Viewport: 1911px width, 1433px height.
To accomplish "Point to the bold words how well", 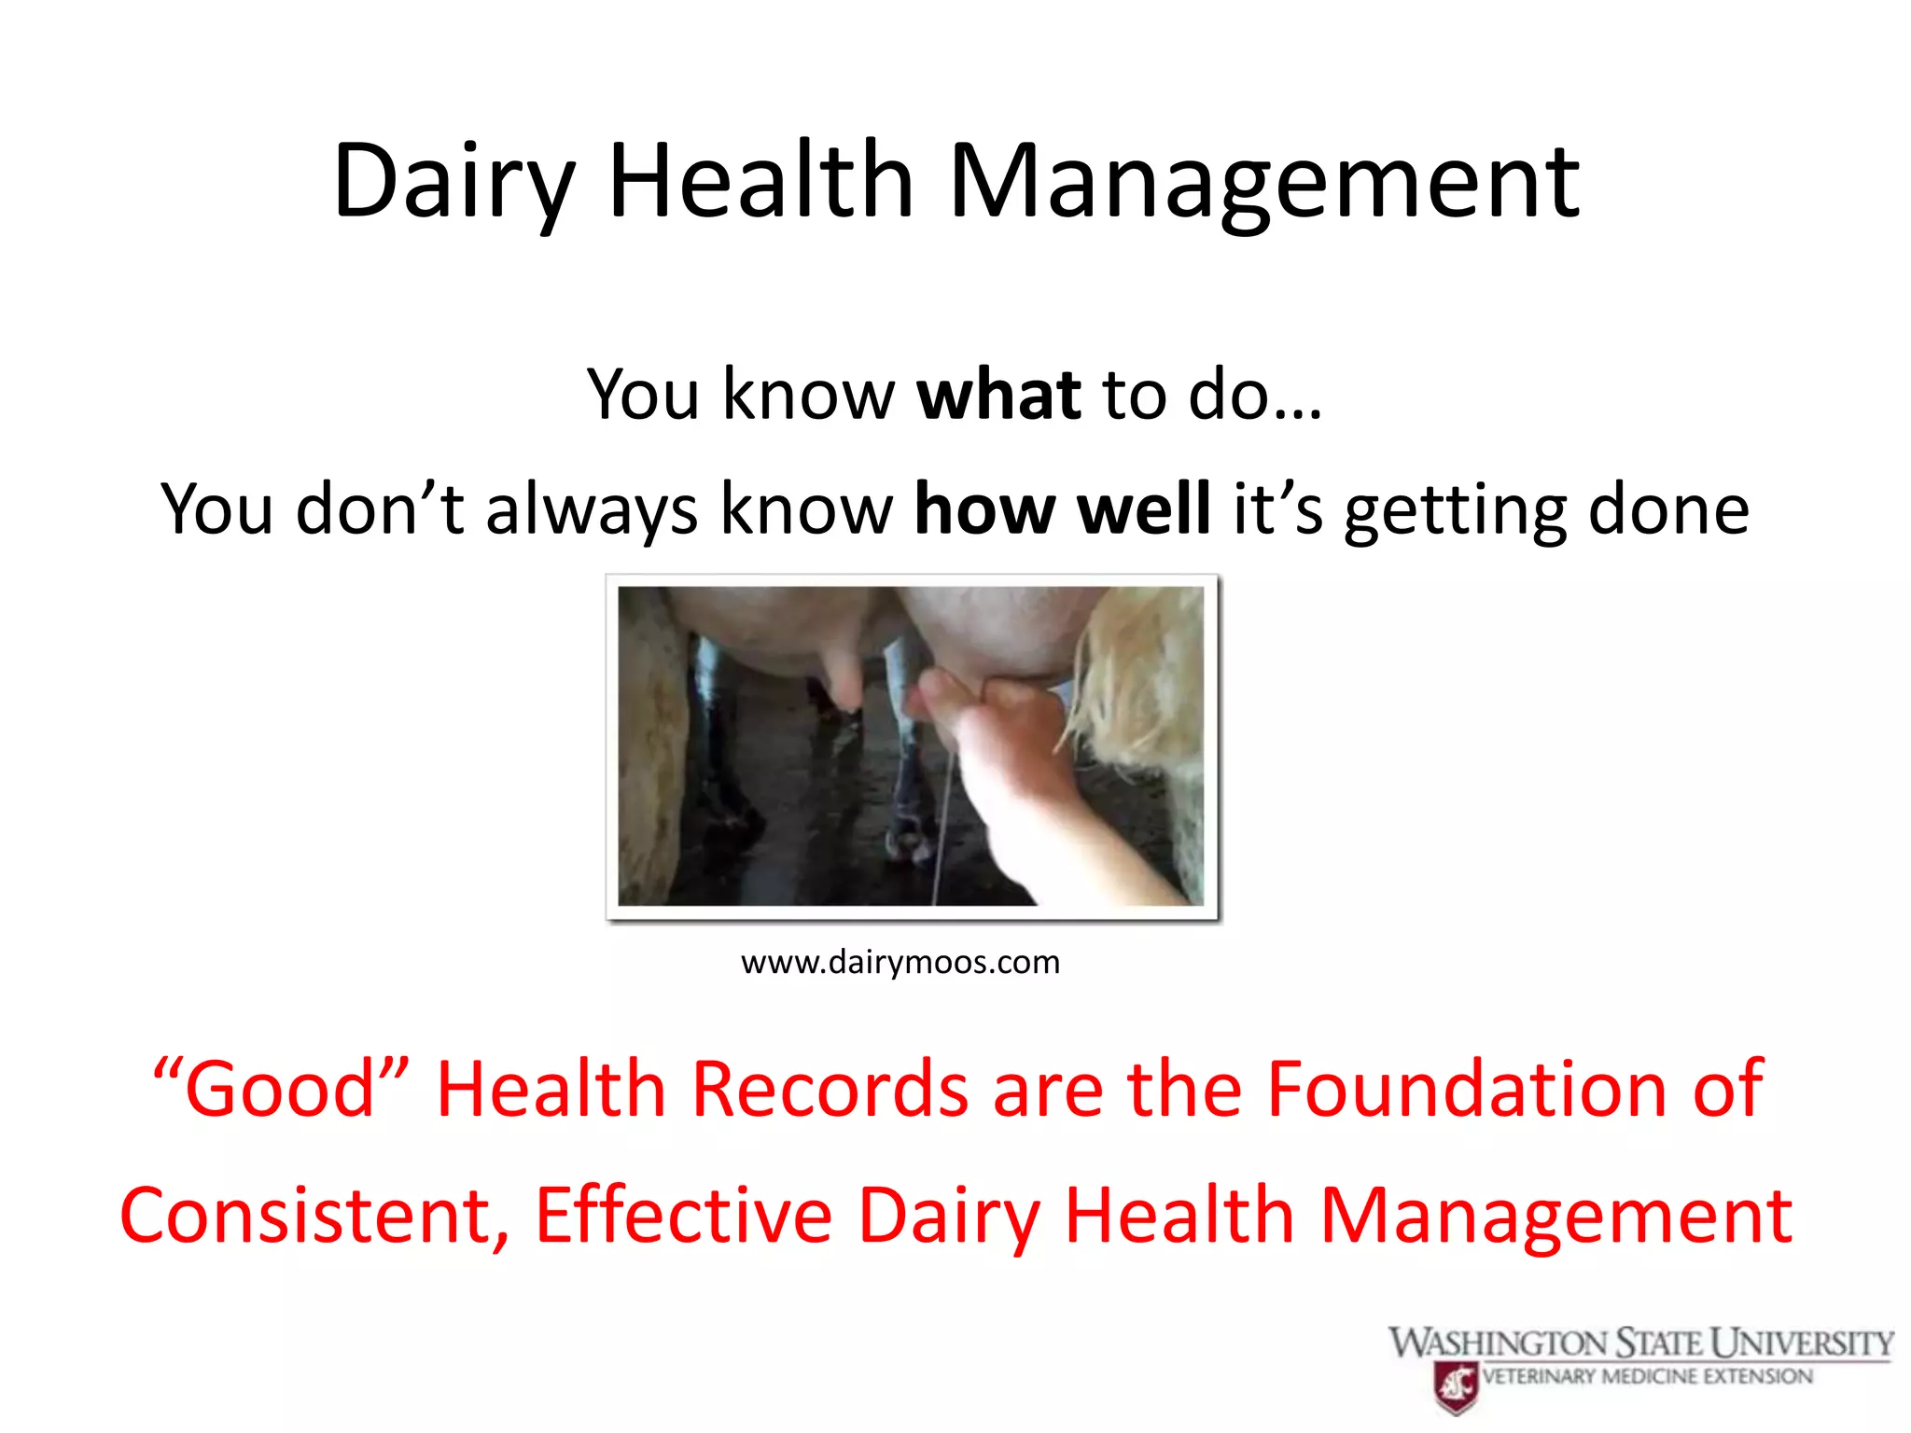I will (x=1062, y=509).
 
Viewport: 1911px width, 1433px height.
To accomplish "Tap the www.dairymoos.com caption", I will (x=900, y=962).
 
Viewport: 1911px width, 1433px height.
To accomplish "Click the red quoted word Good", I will (x=280, y=1089).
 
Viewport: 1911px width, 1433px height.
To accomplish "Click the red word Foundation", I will (x=1466, y=1089).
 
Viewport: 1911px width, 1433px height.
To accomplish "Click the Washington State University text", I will (x=1640, y=1343).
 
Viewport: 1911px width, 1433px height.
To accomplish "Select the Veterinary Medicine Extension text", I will (x=1647, y=1377).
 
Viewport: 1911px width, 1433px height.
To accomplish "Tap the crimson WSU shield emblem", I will (x=1457, y=1386).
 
